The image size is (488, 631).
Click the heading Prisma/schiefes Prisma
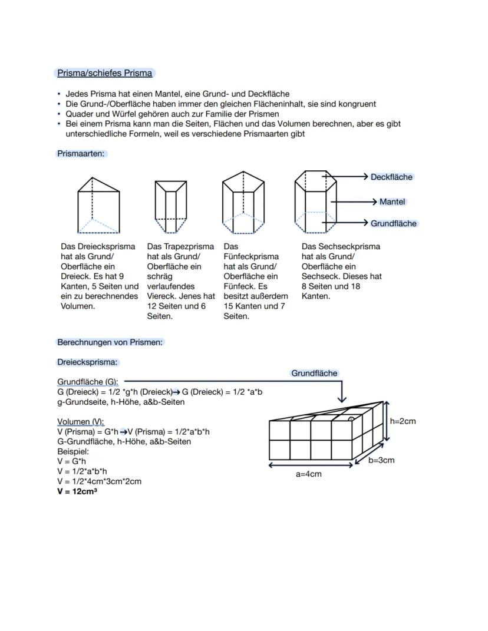click(x=104, y=73)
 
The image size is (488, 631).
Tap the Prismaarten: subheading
click(x=82, y=153)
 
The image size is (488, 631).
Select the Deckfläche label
click(x=391, y=177)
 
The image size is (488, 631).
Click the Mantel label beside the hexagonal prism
click(x=393, y=201)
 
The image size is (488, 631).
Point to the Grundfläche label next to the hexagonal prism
click(x=393, y=223)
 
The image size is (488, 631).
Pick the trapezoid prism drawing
click(x=171, y=207)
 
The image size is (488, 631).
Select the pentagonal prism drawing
click(x=242, y=203)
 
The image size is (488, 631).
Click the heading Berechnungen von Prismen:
click(x=110, y=342)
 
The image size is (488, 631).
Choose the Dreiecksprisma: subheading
click(x=88, y=362)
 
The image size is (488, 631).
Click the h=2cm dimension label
click(x=403, y=421)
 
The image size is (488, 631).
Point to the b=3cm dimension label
click(x=381, y=460)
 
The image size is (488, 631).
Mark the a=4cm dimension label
click(x=309, y=474)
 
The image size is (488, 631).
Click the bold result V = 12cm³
click(x=77, y=491)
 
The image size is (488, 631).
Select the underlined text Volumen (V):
click(x=81, y=422)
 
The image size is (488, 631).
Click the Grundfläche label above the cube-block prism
click(x=314, y=373)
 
